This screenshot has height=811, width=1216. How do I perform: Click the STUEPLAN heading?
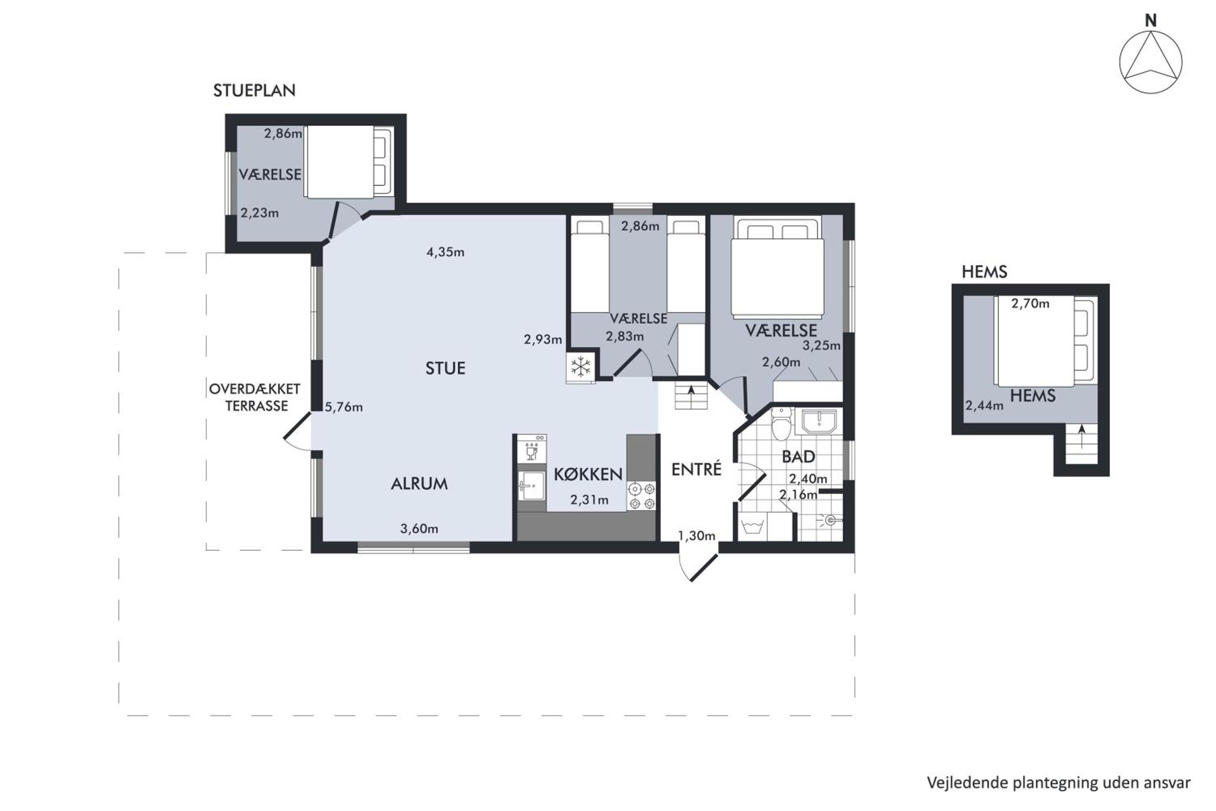point(255,90)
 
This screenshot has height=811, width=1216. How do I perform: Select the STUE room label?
point(445,368)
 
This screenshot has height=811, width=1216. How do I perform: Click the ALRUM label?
point(419,484)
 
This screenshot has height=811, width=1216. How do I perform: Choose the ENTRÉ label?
point(696,469)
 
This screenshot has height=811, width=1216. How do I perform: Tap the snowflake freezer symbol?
point(580,367)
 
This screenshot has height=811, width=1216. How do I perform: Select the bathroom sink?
point(818,422)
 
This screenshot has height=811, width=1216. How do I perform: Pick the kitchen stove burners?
point(641,496)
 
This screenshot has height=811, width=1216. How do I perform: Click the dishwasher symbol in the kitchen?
point(531,448)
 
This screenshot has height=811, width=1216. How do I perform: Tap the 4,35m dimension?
point(445,252)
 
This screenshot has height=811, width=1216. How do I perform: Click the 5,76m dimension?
point(344,407)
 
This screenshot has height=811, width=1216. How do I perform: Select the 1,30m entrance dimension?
point(696,536)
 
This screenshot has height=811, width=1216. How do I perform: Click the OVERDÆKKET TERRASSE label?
point(255,397)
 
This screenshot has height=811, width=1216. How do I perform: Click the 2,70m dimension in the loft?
point(1030,304)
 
